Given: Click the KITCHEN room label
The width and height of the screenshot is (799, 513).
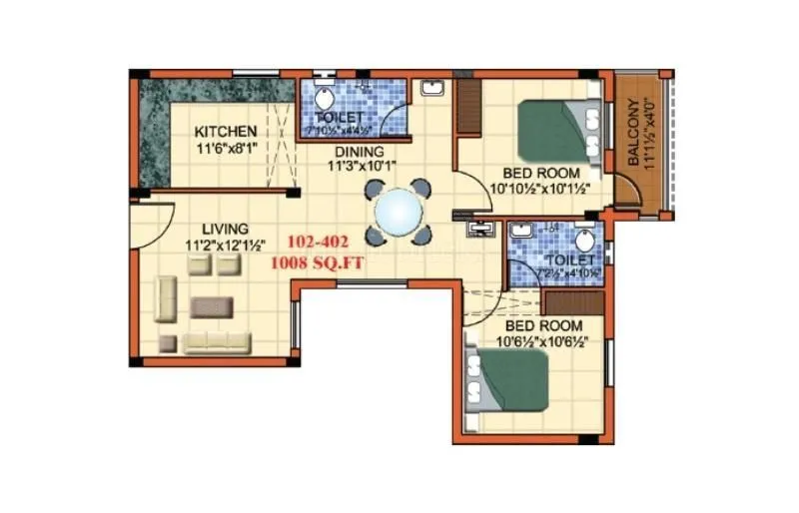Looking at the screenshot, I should (226, 132).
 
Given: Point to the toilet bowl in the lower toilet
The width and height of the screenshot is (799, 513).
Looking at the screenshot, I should (586, 240).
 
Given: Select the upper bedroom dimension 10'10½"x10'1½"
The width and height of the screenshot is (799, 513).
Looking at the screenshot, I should (537, 188).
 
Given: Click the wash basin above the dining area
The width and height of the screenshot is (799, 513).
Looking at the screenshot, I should (432, 88).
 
